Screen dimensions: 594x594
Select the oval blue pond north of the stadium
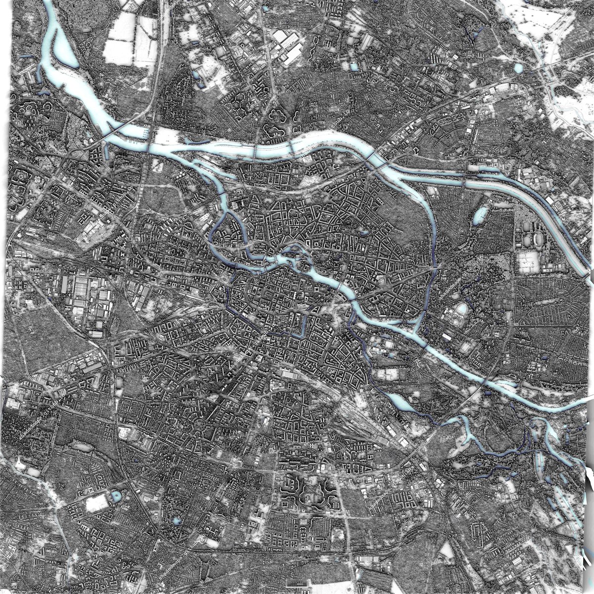(480, 215)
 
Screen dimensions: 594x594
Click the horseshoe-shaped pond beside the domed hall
(461, 310)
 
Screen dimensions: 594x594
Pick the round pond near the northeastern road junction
(518, 68)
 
